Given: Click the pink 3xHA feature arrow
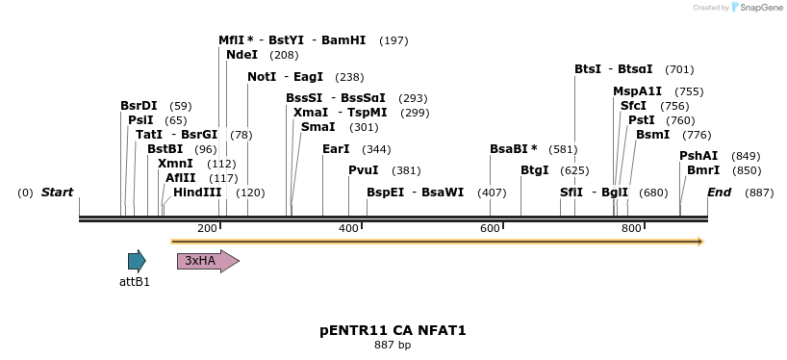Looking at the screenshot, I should (x=207, y=261).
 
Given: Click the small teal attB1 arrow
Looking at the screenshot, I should (x=137, y=261).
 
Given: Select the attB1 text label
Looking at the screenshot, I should (x=135, y=282).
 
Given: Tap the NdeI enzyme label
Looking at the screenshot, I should (x=241, y=55).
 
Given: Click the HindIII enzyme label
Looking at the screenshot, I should (x=197, y=193).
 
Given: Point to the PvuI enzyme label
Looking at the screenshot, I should (x=364, y=170).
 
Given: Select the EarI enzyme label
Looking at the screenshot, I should (x=336, y=149).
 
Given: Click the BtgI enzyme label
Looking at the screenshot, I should (x=534, y=170).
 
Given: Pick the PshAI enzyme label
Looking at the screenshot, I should (x=698, y=156).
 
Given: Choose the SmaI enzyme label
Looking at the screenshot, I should (x=317, y=127).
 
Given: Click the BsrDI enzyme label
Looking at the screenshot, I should (x=139, y=106).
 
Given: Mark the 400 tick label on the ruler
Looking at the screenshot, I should (x=348, y=228).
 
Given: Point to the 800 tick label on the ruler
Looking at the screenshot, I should (x=631, y=228).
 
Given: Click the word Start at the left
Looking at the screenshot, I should (x=57, y=193).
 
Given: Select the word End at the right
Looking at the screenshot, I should (x=720, y=193).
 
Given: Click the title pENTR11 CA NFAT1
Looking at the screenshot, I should (x=393, y=330).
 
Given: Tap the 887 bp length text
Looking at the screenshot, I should (x=393, y=345).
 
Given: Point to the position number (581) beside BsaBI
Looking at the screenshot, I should (x=563, y=149).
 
